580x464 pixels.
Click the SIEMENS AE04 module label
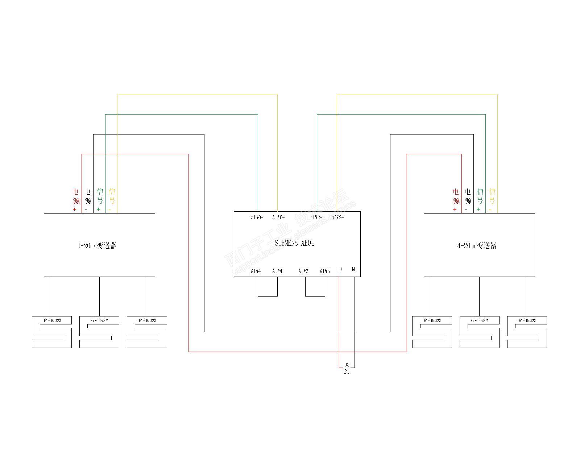(294, 243)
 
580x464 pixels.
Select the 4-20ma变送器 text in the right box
(476, 246)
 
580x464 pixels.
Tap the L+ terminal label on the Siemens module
(340, 269)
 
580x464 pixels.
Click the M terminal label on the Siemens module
(353, 269)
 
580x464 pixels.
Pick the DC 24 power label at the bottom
(347, 368)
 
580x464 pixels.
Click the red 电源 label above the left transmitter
(76, 196)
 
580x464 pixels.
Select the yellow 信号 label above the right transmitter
(492, 196)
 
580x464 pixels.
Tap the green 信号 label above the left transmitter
(100, 196)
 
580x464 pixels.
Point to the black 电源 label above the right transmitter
(468, 196)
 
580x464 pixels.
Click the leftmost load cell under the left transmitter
(52, 332)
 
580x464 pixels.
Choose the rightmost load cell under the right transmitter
(527, 332)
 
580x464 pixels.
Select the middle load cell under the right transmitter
(479, 332)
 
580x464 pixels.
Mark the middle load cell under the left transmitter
(99, 332)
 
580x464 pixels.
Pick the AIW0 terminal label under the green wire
(257, 217)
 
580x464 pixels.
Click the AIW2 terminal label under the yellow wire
(338, 217)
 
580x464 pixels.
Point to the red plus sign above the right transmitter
(455, 210)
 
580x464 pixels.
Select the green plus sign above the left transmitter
(98, 210)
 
